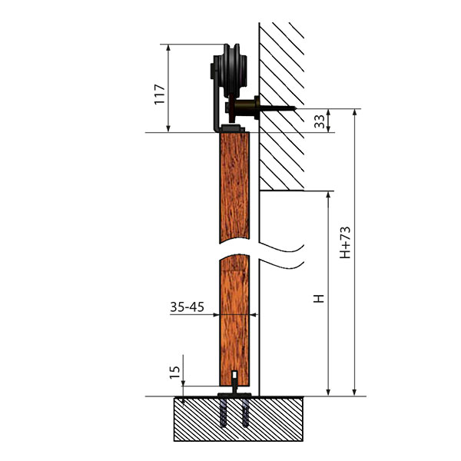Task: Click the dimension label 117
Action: (x=160, y=94)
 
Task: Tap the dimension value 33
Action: (x=320, y=121)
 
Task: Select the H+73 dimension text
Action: (x=345, y=243)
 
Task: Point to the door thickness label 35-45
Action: (x=187, y=307)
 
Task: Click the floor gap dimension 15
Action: (x=174, y=372)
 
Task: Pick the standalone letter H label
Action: (x=319, y=298)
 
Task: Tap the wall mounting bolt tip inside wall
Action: (x=295, y=109)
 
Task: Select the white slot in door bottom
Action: (x=234, y=375)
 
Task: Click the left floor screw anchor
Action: (x=224, y=413)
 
